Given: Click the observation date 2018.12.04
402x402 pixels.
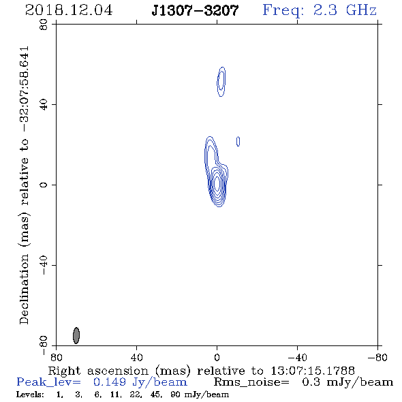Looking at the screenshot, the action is click(69, 10).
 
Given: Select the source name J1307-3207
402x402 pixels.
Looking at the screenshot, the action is click(195, 10).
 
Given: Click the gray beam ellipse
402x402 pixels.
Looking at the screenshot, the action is click(76, 335).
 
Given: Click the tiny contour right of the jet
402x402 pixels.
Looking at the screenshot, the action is click(238, 141).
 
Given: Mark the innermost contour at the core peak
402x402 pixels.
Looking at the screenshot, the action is click(217, 183).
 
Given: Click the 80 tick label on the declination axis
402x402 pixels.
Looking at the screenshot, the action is click(44, 25).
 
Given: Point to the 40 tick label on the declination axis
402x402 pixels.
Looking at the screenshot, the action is click(44, 105).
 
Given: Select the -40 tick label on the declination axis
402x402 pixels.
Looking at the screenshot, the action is click(44, 265).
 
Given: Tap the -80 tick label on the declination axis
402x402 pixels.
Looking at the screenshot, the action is click(44, 345).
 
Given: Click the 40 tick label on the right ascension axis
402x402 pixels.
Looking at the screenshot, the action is click(136, 357).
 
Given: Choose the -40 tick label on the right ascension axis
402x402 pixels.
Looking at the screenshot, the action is click(297, 357).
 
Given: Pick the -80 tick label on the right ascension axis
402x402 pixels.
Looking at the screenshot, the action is click(377, 357).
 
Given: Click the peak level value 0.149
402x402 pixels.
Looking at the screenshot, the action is click(110, 382).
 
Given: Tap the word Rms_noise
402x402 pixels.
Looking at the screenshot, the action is click(251, 382).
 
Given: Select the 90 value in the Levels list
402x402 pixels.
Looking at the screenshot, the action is click(175, 395).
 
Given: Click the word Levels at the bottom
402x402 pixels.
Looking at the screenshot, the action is click(30, 395).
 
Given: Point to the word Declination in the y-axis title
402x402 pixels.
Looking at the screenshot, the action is click(24, 290).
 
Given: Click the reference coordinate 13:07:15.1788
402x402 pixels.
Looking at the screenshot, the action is click(313, 371).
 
